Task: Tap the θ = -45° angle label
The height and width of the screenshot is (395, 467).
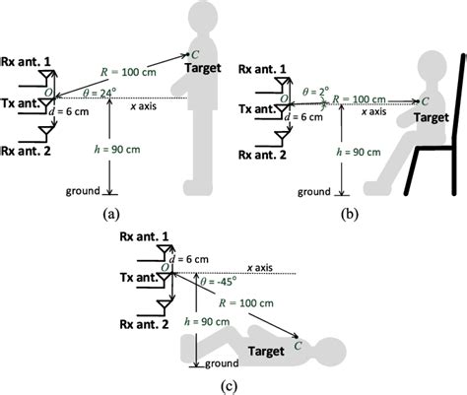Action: [x=212, y=281]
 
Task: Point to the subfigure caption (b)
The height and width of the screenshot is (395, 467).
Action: [x=348, y=210]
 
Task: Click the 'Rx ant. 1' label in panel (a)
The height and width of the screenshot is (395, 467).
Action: [x=27, y=48]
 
